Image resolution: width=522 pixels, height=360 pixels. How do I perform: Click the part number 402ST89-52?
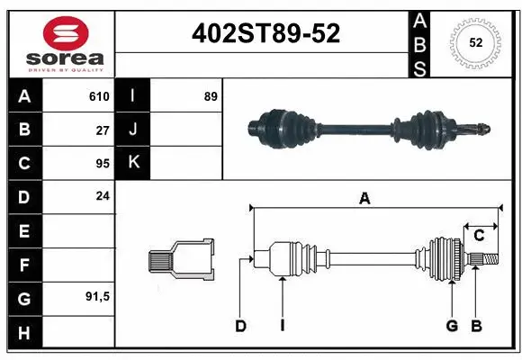coord(266,34)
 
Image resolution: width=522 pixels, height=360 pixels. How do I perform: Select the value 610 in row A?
coord(99,96)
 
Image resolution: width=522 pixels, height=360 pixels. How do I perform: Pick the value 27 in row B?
coord(103,130)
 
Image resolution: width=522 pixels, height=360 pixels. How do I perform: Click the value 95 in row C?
coord(103,163)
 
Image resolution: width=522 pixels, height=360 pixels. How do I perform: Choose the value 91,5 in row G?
coord(98,296)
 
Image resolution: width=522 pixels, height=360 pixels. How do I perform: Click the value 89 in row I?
coord(211,96)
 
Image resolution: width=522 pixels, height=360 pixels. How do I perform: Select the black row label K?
coord(133,163)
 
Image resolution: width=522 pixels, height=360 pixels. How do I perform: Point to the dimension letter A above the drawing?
coord(364,200)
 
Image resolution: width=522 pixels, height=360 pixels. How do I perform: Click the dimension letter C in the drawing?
coord(479,236)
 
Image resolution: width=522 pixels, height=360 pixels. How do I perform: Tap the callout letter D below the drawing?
coord(240,326)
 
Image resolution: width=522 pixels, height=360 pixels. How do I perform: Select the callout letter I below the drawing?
coord(282,326)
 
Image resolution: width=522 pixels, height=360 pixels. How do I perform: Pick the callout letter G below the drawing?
coord(452,326)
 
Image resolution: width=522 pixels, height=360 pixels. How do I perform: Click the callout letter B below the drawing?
coord(476,326)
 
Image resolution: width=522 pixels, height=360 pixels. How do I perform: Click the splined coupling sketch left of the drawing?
coord(182,259)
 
